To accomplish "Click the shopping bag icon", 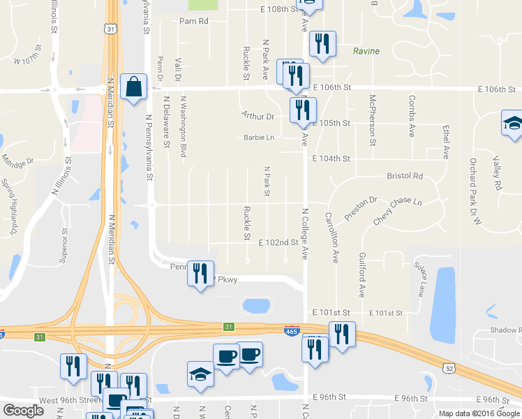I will tap(133, 87).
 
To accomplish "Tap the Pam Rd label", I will tap(194, 21).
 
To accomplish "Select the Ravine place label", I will tap(366, 51).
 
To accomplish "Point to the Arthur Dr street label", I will tap(258, 116).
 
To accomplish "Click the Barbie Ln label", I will tap(259, 138).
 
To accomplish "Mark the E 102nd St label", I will tap(278, 243).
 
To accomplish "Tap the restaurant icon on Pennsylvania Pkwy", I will tap(200, 273).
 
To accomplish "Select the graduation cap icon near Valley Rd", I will tap(512, 124).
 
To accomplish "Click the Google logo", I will tap(23, 411).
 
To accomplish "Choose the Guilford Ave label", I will tap(362, 273).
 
